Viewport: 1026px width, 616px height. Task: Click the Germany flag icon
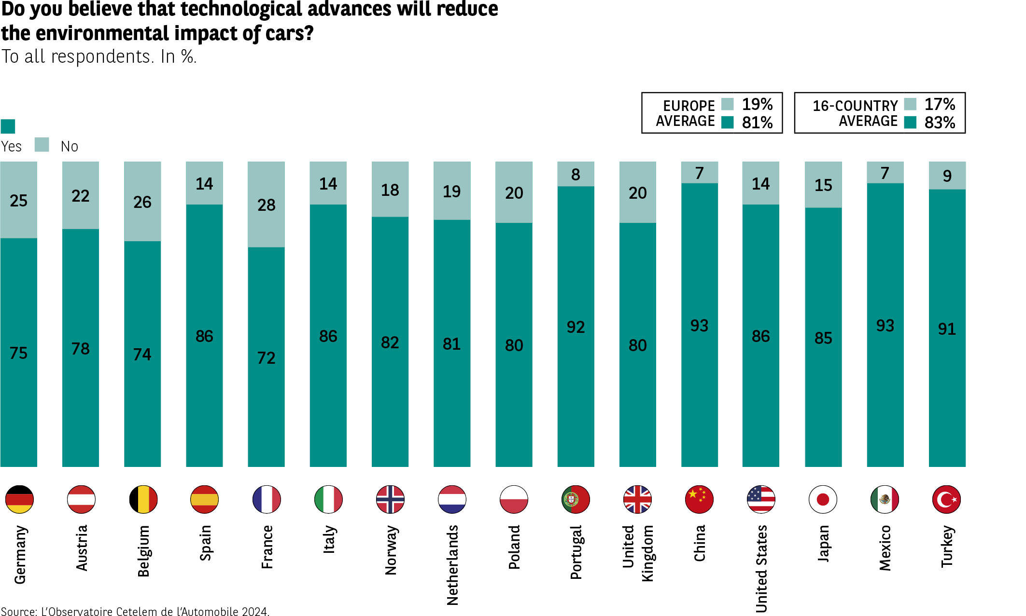(x=19, y=499)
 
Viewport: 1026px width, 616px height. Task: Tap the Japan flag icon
(x=823, y=499)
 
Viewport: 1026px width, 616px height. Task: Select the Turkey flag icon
(x=946, y=499)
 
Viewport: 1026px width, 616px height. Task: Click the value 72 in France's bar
(x=266, y=358)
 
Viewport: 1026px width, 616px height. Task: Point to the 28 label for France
(x=266, y=205)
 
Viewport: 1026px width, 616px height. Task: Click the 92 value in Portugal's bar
(x=576, y=327)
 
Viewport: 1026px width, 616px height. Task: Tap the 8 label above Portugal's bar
(x=576, y=175)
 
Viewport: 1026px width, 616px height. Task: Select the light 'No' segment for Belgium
(x=142, y=201)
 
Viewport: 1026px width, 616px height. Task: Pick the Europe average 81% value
(x=757, y=123)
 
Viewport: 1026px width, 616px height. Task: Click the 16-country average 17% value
(x=939, y=104)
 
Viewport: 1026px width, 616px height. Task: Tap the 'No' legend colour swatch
(x=42, y=145)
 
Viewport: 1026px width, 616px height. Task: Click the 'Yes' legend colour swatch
(x=8, y=126)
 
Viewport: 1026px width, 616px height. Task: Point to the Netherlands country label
(x=452, y=565)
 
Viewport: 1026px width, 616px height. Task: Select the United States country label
(x=761, y=569)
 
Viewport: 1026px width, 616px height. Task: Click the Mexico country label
(x=885, y=548)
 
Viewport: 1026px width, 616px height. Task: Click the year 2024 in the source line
(x=254, y=612)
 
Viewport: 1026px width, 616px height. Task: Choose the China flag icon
(x=699, y=499)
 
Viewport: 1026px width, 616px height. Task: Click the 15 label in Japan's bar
(x=823, y=185)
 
